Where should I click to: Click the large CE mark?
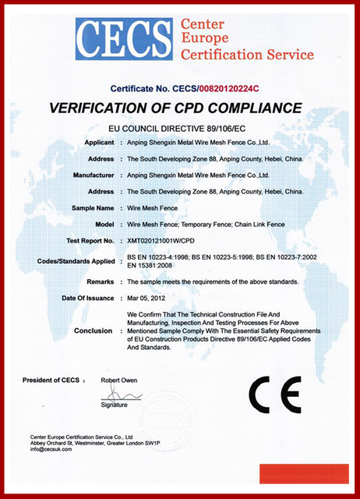click(274, 395)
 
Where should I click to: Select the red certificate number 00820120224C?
click(225, 89)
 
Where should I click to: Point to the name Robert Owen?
click(118, 380)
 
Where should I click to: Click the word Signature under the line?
click(114, 405)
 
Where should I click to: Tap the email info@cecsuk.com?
click(51, 450)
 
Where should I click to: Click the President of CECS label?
click(51, 380)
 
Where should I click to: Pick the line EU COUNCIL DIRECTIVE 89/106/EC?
click(181, 126)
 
